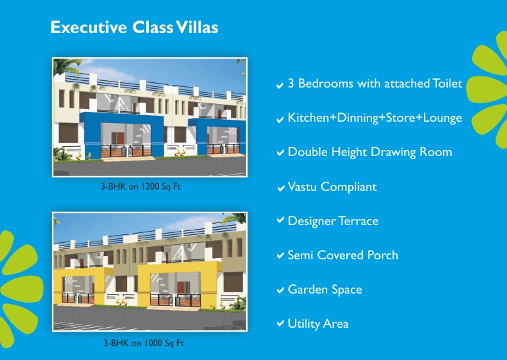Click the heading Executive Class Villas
(134, 27)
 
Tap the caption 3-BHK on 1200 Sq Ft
(141, 187)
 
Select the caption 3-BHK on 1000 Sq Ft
(144, 343)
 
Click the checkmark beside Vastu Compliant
(280, 188)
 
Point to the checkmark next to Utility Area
(280, 323)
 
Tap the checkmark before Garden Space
(280, 290)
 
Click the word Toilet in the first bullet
(448, 84)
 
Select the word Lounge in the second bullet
(442, 118)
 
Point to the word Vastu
(302, 187)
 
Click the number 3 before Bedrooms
(291, 84)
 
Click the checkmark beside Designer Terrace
(280, 220)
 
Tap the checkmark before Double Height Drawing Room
(280, 152)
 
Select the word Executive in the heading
(89, 27)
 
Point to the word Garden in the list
(308, 290)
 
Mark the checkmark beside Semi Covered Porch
(280, 255)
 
